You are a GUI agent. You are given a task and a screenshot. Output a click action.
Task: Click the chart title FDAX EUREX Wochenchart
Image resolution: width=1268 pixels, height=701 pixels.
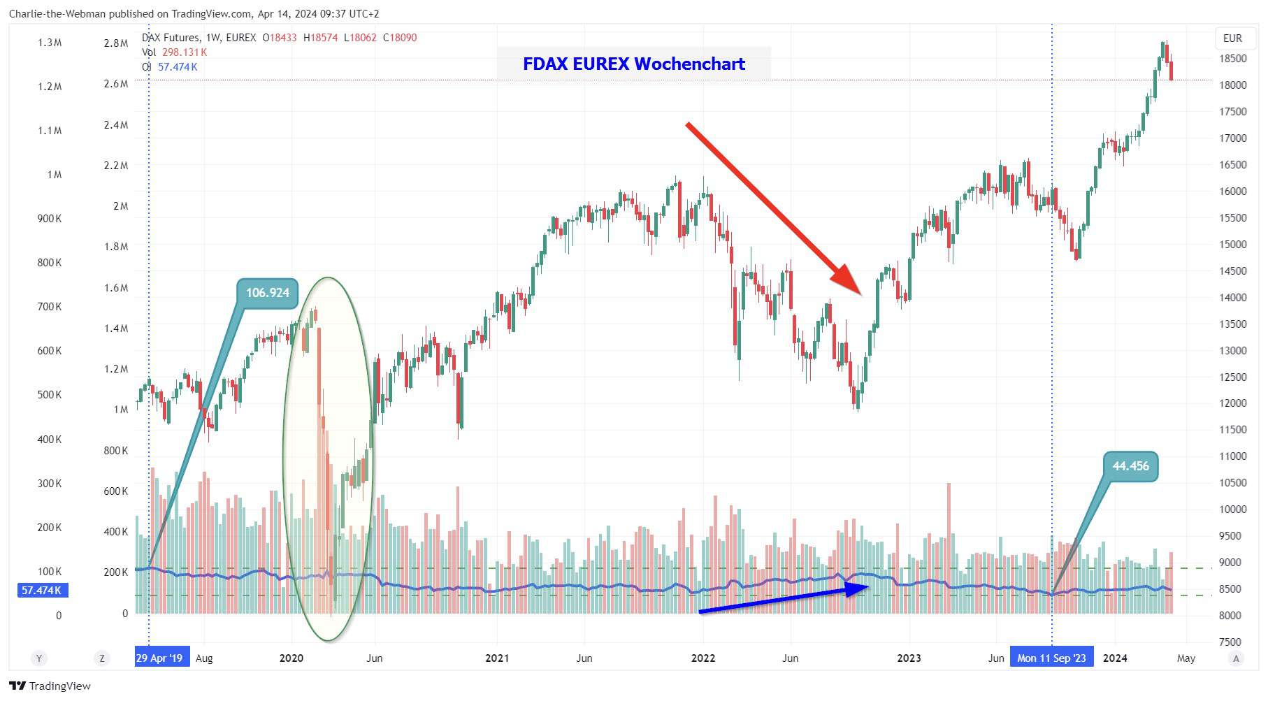tap(633, 64)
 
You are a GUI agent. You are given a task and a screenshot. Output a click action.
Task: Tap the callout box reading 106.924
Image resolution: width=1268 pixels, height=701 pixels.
tap(267, 293)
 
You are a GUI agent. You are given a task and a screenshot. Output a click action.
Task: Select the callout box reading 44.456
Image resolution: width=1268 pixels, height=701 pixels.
tap(1130, 466)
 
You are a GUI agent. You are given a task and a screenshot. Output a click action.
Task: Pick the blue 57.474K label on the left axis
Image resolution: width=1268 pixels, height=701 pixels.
tap(42, 591)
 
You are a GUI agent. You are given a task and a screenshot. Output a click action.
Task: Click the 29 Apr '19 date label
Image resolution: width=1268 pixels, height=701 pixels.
tap(159, 658)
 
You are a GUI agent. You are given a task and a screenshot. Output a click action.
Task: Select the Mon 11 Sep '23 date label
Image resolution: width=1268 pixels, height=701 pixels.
tap(1051, 658)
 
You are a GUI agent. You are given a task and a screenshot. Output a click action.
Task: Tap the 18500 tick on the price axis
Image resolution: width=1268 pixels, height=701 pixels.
tap(1233, 59)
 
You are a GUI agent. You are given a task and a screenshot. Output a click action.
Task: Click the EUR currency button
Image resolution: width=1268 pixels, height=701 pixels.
tap(1232, 38)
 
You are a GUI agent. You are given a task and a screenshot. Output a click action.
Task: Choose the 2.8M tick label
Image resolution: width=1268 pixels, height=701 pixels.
tap(116, 43)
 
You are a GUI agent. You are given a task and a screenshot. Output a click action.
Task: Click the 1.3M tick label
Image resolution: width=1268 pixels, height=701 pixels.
tap(50, 43)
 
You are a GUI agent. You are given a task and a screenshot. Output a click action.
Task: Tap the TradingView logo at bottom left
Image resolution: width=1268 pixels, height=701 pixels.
tap(50, 686)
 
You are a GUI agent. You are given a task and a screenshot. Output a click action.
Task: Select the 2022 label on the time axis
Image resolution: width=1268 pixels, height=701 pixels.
tap(703, 658)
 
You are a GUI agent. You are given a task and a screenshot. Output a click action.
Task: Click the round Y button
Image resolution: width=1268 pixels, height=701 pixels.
tap(39, 658)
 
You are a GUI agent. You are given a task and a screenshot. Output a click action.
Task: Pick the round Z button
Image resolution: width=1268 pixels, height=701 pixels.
tap(102, 658)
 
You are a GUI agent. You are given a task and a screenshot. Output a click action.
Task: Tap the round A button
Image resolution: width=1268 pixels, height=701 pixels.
tap(1236, 658)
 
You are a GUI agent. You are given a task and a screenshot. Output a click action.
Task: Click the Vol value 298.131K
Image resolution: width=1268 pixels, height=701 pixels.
tap(185, 52)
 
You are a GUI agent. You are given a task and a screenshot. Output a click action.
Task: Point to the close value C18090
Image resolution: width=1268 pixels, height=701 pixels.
tap(400, 38)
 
